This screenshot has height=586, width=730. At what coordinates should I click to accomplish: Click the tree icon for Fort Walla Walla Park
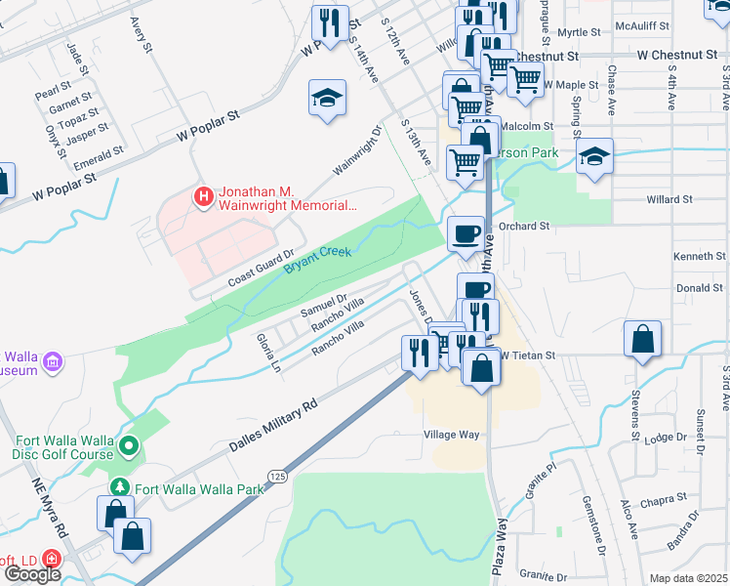point(119,487)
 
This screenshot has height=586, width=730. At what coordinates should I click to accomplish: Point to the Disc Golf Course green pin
point(129,446)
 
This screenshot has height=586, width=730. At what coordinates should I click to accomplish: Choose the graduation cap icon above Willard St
point(592,156)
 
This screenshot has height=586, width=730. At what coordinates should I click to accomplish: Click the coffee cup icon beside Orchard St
point(465,232)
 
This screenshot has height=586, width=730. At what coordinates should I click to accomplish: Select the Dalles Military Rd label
point(273,425)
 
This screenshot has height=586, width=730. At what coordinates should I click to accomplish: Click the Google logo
point(32,574)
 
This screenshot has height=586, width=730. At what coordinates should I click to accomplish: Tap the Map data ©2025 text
point(688,578)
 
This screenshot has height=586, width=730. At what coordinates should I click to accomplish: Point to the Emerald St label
point(99,156)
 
